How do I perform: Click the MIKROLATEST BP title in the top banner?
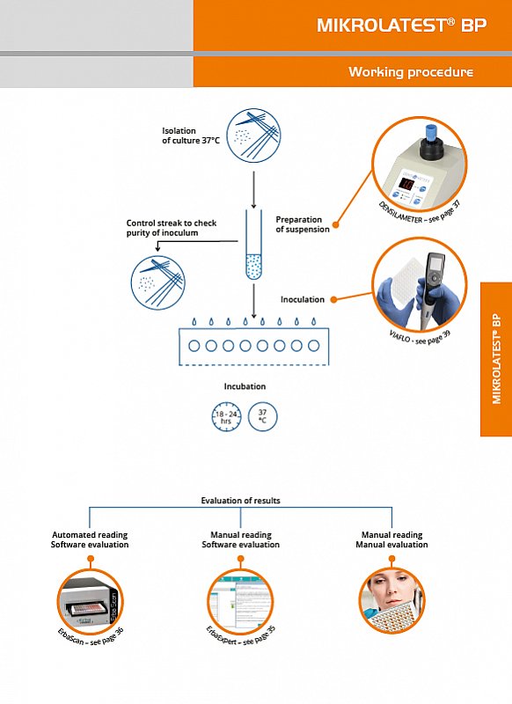coord(401,26)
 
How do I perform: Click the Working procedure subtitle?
coord(410,72)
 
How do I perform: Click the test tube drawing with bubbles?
coord(253,246)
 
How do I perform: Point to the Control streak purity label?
coord(171,228)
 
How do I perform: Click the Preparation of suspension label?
coord(303,224)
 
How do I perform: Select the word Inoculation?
coord(303,299)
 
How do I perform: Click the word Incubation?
coord(245,386)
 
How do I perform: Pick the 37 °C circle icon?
coord(263,415)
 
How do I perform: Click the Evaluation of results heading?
coord(241,501)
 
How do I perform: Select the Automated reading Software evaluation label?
coord(90,539)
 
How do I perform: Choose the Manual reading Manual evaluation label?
coord(391,539)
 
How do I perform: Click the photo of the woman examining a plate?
coord(392,602)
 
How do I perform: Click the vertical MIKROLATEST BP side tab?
coord(496,359)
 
